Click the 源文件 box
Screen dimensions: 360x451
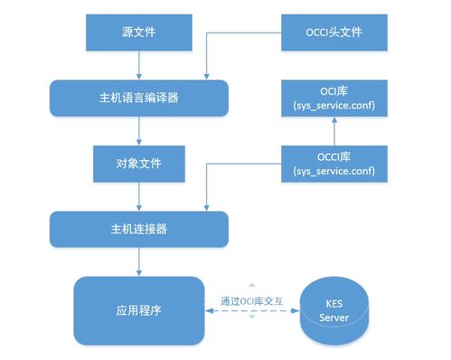(x=138, y=33)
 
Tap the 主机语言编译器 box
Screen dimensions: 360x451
(x=138, y=96)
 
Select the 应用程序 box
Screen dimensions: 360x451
(x=138, y=309)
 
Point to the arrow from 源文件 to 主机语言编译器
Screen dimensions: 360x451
(x=138, y=64)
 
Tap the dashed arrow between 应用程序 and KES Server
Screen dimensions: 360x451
(x=254, y=310)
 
